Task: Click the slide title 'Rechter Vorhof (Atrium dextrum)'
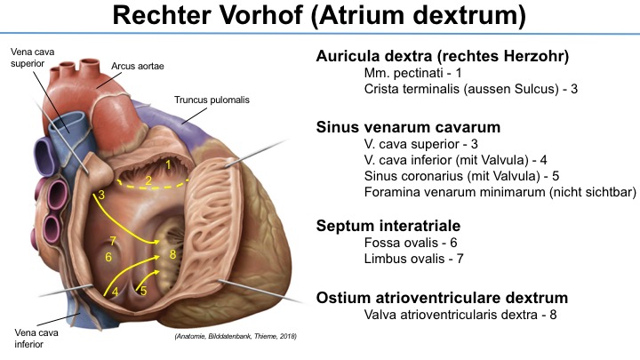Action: (319, 15)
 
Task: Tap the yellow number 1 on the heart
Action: (168, 164)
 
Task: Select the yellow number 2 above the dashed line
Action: (148, 180)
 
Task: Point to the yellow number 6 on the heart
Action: (108, 257)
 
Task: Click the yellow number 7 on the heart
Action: (113, 241)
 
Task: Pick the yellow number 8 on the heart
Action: (172, 254)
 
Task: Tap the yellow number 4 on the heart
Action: (115, 292)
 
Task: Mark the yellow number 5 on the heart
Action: (143, 291)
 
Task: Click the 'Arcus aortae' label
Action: (138, 66)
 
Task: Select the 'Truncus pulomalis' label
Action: (212, 100)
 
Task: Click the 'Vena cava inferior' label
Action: (36, 339)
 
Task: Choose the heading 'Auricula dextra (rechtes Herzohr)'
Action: (443, 56)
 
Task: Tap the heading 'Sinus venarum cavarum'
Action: (408, 127)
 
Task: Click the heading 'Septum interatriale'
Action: (388, 225)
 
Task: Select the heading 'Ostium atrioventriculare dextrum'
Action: (442, 298)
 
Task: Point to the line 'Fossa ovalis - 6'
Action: (411, 243)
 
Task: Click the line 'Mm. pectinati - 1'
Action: (413, 73)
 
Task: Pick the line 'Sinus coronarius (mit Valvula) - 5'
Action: (461, 176)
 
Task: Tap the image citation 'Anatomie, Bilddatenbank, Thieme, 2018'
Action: (236, 336)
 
